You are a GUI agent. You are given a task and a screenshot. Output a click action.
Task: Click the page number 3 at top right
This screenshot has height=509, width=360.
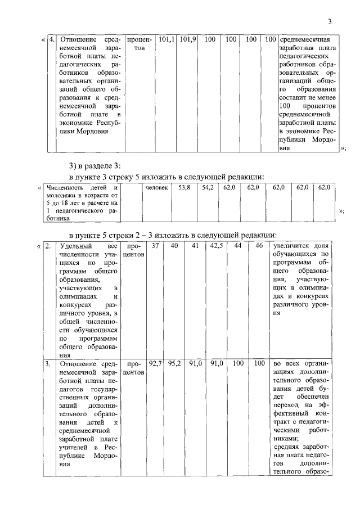click(330, 22)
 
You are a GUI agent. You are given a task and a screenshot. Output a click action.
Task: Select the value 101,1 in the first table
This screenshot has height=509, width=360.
click(166, 40)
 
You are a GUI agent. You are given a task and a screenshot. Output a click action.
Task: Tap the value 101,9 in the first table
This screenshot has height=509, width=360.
click(188, 40)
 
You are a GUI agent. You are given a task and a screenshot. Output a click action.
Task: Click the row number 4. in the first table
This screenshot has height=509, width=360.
click(52, 40)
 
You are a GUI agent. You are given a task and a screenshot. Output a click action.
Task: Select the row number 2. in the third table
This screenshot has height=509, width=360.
click(48, 246)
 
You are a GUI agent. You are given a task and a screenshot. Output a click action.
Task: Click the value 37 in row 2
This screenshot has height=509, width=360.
click(155, 246)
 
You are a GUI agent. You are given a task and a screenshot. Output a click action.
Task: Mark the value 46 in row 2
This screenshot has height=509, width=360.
click(259, 246)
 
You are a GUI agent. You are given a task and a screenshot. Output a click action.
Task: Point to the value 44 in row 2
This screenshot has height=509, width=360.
click(238, 246)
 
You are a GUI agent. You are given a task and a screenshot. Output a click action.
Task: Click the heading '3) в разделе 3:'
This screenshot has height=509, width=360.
click(94, 165)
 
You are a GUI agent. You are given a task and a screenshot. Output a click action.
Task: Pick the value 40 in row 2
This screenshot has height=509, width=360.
click(174, 246)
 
